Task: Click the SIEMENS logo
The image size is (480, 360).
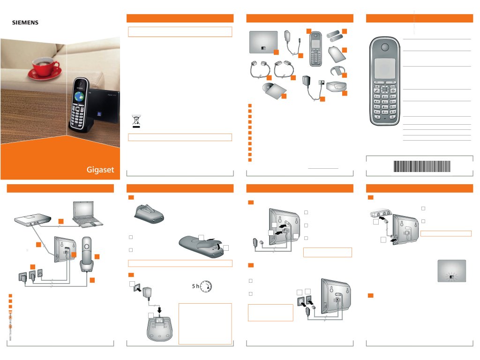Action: pyautogui.click(x=25, y=22)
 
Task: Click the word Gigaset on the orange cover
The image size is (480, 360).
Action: pyautogui.click(x=100, y=170)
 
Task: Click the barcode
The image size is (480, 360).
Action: pyautogui.click(x=421, y=165)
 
